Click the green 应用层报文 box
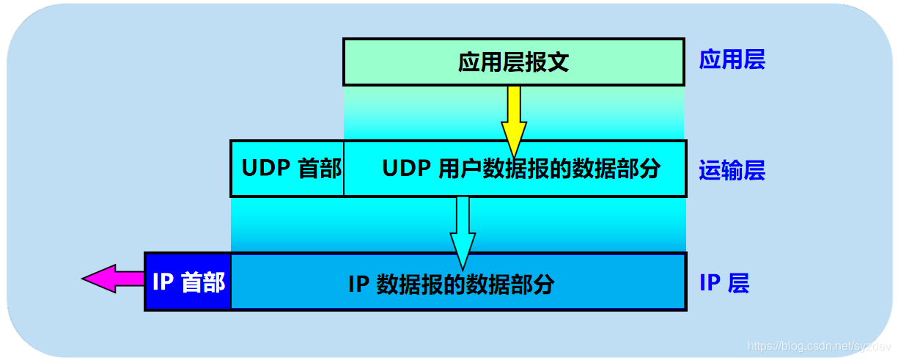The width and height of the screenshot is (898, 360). coord(513,62)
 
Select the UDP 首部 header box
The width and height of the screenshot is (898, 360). coord(287,169)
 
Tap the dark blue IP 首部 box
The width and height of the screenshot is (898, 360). coord(188,282)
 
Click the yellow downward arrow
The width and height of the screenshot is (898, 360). coord(514,117)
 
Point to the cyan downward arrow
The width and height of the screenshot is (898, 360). coord(463,227)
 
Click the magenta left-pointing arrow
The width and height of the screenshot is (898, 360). coord(114,279)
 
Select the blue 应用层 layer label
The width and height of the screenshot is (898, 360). coord(732,59)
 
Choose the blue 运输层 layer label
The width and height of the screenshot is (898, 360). coord(732,171)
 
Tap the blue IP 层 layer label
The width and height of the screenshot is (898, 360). coord(724,283)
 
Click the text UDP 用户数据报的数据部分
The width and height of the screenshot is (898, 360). coord(521,169)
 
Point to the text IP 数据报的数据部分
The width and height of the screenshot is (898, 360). coord(451,284)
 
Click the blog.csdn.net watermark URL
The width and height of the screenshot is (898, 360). coord(819,345)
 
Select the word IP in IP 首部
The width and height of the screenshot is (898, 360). coord(163,282)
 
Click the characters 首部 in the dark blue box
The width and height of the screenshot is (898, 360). coord(202,282)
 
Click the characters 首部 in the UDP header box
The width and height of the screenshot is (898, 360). coord(320,169)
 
